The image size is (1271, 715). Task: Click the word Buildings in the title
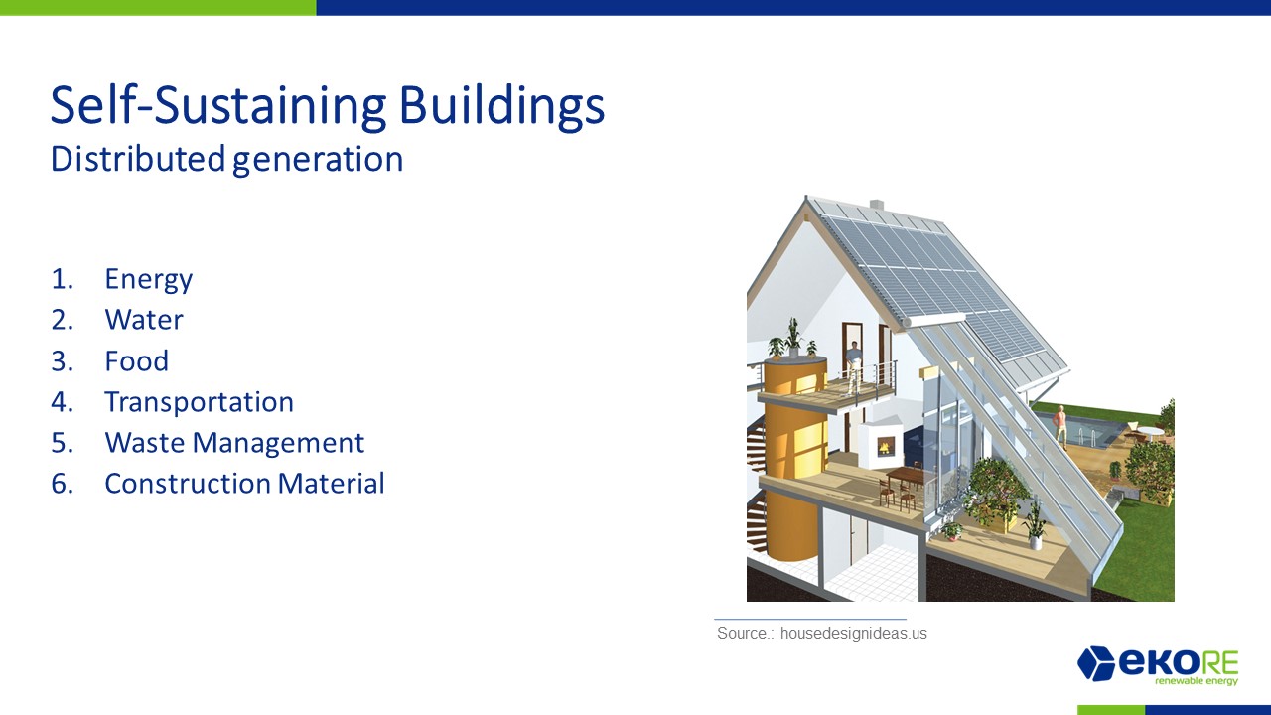coord(502,106)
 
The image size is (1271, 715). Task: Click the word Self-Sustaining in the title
coord(218,106)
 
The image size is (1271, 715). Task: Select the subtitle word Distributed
coord(138,159)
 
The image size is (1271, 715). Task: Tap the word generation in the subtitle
coord(318,160)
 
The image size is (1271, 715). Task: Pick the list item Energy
coord(149,280)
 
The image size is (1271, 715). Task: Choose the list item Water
coord(144,320)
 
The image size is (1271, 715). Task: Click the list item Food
coord(137,360)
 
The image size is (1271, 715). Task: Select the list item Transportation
coord(200,402)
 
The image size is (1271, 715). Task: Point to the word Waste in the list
coord(145,443)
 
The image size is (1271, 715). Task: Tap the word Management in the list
coord(279,444)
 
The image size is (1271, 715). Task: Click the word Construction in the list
coord(188,484)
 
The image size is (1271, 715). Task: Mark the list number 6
coord(62,484)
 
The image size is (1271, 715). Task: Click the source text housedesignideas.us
coord(853,634)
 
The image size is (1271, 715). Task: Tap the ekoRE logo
coord(1158,665)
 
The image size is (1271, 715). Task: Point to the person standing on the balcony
coord(853,366)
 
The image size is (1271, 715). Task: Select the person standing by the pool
coord(1059,426)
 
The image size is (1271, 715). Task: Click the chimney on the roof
coord(877,206)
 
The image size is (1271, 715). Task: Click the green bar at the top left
coord(158,7)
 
